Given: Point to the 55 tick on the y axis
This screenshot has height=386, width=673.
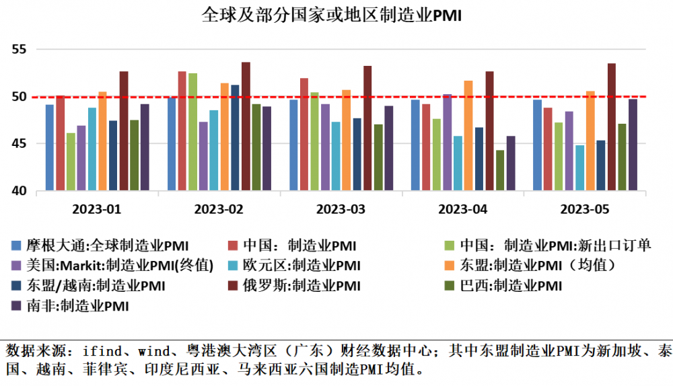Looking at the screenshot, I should pos(18,50).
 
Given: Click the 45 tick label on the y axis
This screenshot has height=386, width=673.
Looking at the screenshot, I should pos(18,144).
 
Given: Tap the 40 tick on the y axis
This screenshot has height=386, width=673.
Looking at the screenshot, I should pos(18,191).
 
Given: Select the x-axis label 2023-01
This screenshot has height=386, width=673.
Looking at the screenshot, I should pos(98,209).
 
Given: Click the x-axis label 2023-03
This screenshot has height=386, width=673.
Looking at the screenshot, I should pos(341,209).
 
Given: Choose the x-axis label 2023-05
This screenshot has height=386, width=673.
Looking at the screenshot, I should pos(585,209).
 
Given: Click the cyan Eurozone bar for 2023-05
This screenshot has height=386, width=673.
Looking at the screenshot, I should pos(579,168).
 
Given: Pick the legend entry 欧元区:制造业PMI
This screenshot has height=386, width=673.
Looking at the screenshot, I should pos(316,265).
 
